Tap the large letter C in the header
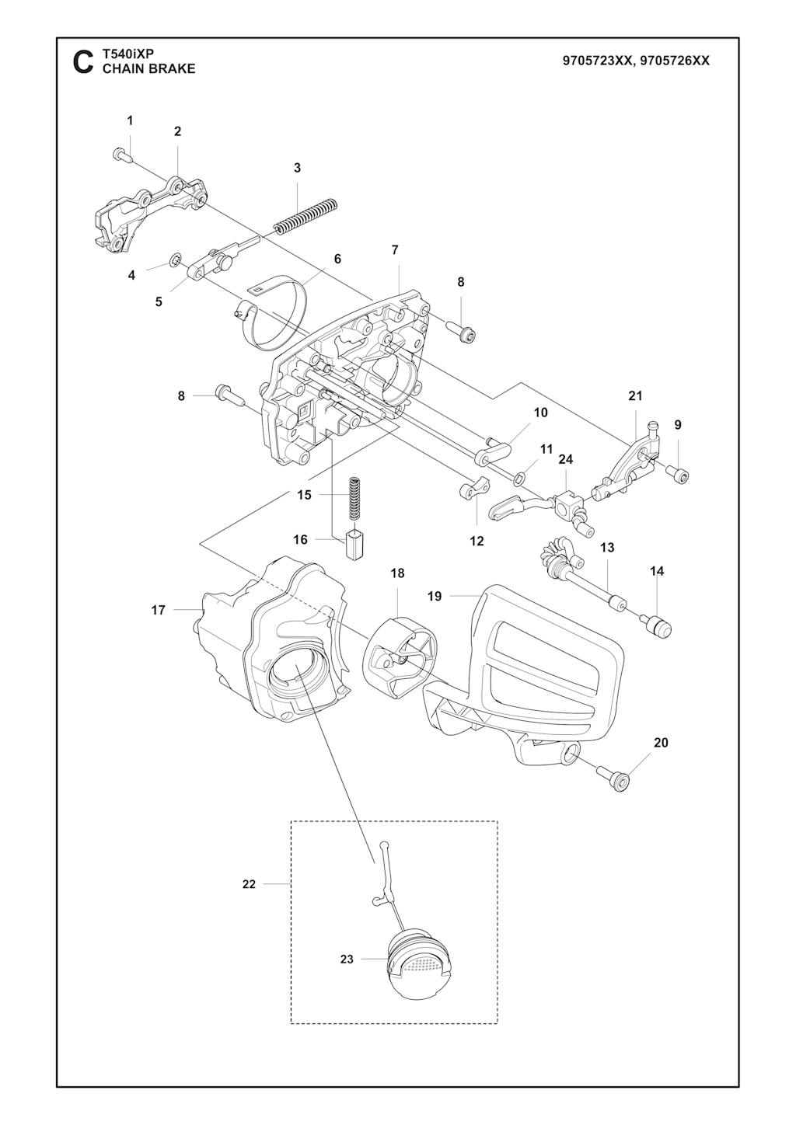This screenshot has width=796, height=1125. point(83,62)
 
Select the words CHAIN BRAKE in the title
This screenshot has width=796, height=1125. point(148,69)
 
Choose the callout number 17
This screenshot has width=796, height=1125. point(159,610)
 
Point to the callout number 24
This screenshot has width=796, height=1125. point(565,459)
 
